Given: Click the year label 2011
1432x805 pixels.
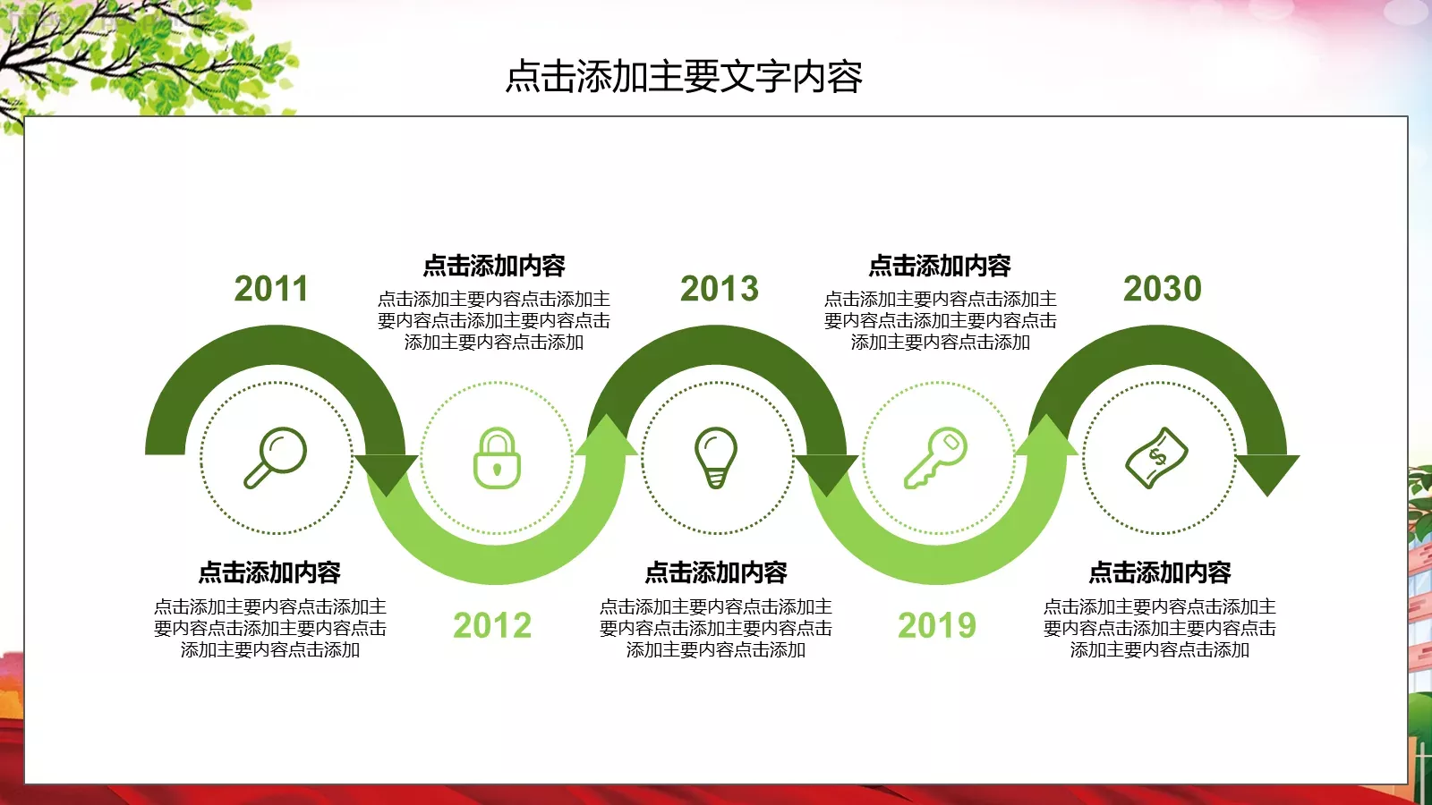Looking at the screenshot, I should [x=271, y=289].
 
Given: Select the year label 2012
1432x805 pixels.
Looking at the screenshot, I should [x=492, y=625].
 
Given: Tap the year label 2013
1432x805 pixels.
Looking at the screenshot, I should [x=720, y=289].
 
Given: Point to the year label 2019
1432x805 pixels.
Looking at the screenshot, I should [x=937, y=625].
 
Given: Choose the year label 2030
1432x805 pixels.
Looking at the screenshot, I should [x=1163, y=289].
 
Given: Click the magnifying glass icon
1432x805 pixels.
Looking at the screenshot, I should [x=276, y=457].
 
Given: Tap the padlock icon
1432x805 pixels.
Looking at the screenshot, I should [x=497, y=458].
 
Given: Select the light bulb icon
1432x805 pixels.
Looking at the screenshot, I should [x=716, y=457].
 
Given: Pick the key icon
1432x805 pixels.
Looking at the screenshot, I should [x=936, y=457].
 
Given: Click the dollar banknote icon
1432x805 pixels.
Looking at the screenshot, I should [x=1156, y=457].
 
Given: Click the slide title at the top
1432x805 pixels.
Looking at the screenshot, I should [x=684, y=77].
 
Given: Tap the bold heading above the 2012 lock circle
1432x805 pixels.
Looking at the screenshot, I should [x=494, y=266].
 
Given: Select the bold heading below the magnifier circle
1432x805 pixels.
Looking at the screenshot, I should [x=269, y=572].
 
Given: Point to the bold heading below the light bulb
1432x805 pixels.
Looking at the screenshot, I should [x=716, y=572].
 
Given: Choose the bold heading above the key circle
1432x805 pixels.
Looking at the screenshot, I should [x=940, y=266].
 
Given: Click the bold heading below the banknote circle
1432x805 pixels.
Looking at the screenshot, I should [x=1160, y=572].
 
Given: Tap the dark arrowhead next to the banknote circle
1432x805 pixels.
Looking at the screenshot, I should [x=1267, y=471].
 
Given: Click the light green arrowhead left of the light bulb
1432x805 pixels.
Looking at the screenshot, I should [x=607, y=437].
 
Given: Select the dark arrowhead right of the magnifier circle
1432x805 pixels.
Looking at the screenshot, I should [x=387, y=471].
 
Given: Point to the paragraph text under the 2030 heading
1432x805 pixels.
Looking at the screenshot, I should [x=1160, y=628].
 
